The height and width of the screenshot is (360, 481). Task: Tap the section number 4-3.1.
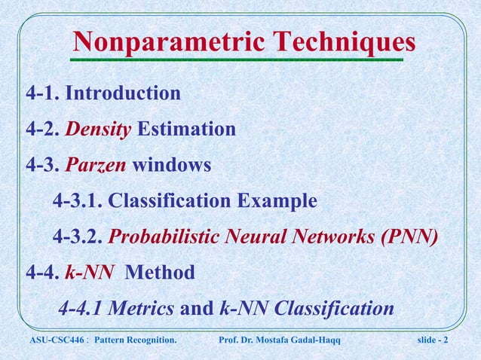77,202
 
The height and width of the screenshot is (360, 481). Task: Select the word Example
276,202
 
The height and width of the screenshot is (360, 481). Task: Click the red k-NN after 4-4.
89,272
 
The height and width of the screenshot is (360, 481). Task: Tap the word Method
159,272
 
